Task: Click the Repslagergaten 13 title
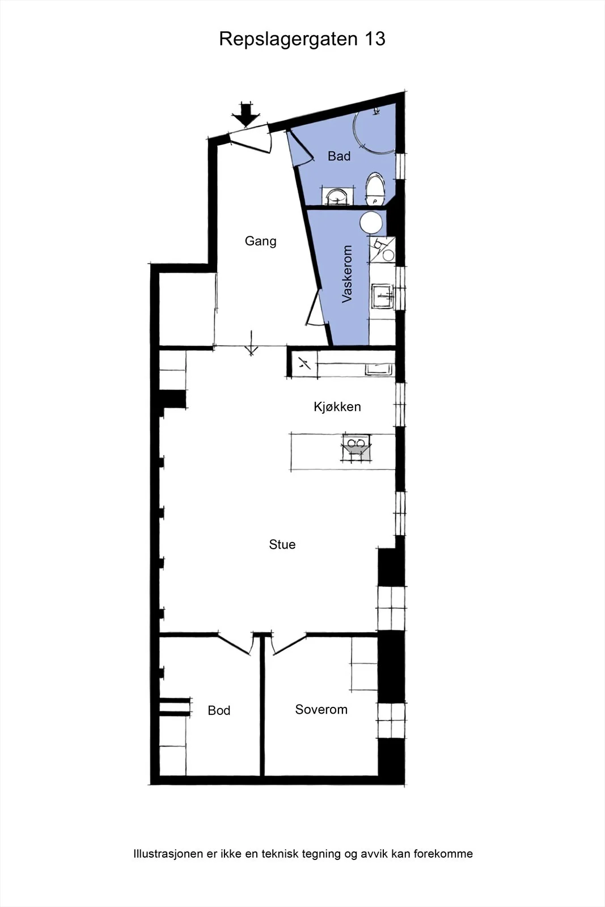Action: coord(302,39)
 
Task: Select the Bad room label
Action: coord(339,156)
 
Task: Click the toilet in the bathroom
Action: coord(375,189)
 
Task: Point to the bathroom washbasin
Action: coord(337,196)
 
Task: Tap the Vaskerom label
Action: coord(346,274)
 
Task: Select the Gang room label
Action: coord(260,241)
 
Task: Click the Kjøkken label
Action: coord(337,406)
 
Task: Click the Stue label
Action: coord(282,544)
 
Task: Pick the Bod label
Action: coord(219,710)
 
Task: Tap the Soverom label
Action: coord(321,709)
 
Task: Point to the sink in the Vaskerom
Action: coord(382,297)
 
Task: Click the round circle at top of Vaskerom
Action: coord(371,223)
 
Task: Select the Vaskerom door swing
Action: coord(315,308)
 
